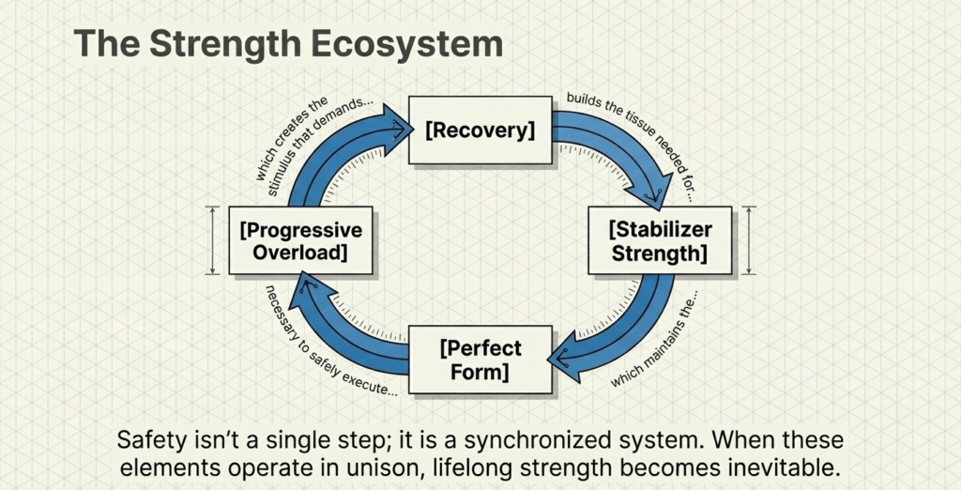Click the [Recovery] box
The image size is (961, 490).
point(480,130)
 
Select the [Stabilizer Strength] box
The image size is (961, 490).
point(659,241)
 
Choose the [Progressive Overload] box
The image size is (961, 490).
point(300,241)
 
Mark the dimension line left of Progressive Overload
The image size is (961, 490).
point(213,241)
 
